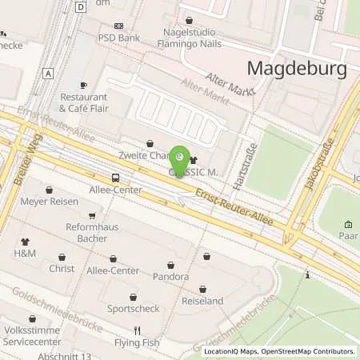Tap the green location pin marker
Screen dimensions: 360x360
point(181,157)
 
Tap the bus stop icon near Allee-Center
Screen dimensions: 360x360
point(116,178)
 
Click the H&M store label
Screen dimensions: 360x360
point(25,253)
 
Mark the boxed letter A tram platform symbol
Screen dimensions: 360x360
point(50,73)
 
